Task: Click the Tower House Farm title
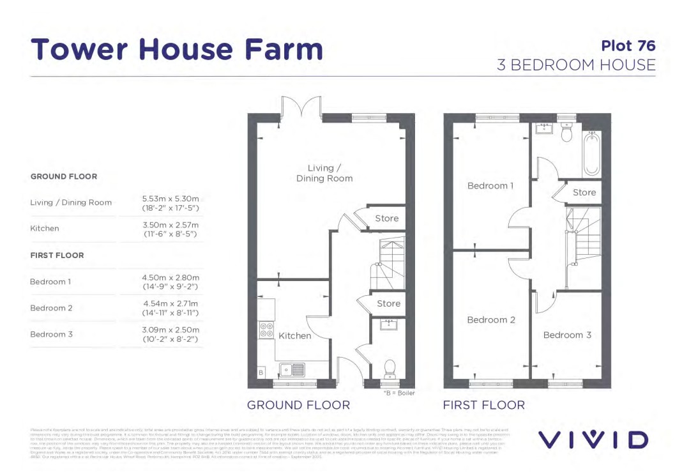pyautogui.click(x=177, y=49)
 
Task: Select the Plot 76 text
pyautogui.click(x=628, y=45)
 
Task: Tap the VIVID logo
pyautogui.click(x=593, y=439)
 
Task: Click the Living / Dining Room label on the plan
pyautogui.click(x=324, y=173)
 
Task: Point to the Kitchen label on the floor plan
pyautogui.click(x=294, y=335)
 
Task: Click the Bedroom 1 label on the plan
pyautogui.click(x=490, y=186)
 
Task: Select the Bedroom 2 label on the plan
pyautogui.click(x=490, y=319)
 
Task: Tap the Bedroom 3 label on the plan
pyautogui.click(x=566, y=335)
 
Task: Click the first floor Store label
pyautogui.click(x=584, y=192)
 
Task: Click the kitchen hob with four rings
pyautogui.click(x=266, y=330)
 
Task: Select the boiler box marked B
pyautogui.click(x=261, y=372)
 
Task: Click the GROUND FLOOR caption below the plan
pyautogui.click(x=298, y=405)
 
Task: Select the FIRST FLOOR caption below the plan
pyautogui.click(x=483, y=405)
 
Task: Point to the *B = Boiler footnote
pyautogui.click(x=398, y=393)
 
